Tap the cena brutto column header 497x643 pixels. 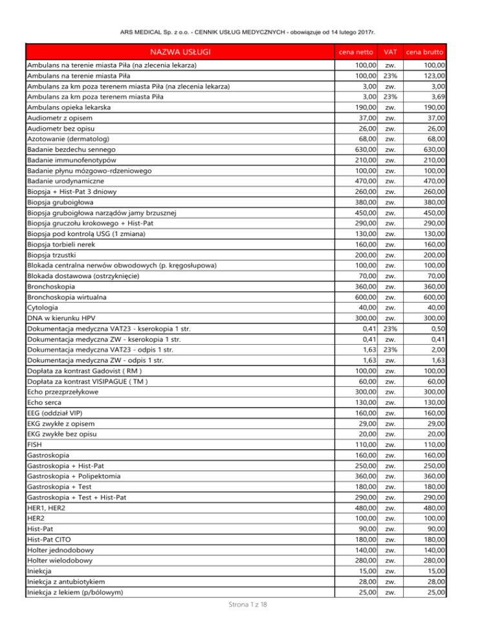tap(425, 52)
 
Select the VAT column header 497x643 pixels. tap(390, 52)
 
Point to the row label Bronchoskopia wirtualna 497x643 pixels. tap(67, 296)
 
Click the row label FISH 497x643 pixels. tap(34, 445)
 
